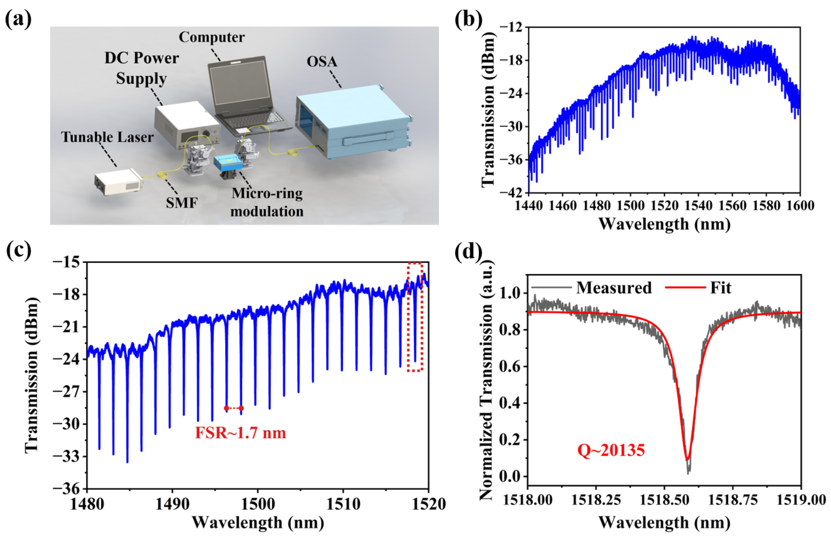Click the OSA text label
click(322, 62)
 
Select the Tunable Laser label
click(107, 137)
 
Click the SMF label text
click(182, 202)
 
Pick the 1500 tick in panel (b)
click(631, 205)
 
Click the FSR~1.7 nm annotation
click(240, 433)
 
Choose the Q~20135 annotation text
click(611, 450)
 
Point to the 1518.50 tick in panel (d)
click(664, 500)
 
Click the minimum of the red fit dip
click(687, 459)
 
